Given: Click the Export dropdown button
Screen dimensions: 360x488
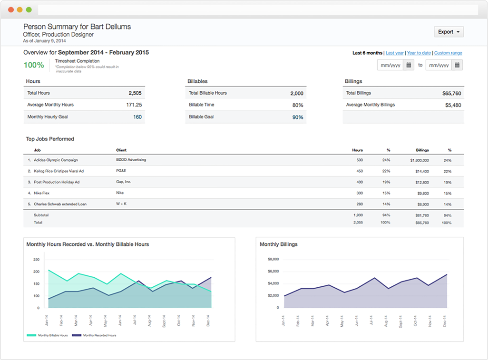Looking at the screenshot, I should (449, 32).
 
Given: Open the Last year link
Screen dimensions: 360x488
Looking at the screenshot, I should (395, 53).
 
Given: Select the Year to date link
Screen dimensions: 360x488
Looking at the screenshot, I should (419, 53).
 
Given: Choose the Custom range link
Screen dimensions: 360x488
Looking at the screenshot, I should (448, 53).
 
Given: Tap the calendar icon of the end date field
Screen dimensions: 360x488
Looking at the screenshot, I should (457, 65).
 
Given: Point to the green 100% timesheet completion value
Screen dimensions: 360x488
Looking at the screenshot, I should (34, 65).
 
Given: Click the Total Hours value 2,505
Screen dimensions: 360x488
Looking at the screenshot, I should (135, 93).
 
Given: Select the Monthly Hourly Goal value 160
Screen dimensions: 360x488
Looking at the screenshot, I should (137, 117).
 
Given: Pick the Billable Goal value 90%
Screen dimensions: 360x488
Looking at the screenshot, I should (298, 117).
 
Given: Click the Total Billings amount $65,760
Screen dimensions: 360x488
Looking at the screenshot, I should (451, 93).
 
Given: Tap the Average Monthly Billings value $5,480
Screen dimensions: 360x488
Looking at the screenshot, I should (453, 105).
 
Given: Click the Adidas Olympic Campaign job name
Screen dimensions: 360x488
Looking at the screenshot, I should (56, 160).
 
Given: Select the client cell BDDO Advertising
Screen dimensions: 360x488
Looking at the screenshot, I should (131, 160).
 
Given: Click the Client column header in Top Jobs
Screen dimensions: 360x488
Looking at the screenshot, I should (121, 150).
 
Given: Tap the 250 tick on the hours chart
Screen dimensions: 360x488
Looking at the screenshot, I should (36, 260).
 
